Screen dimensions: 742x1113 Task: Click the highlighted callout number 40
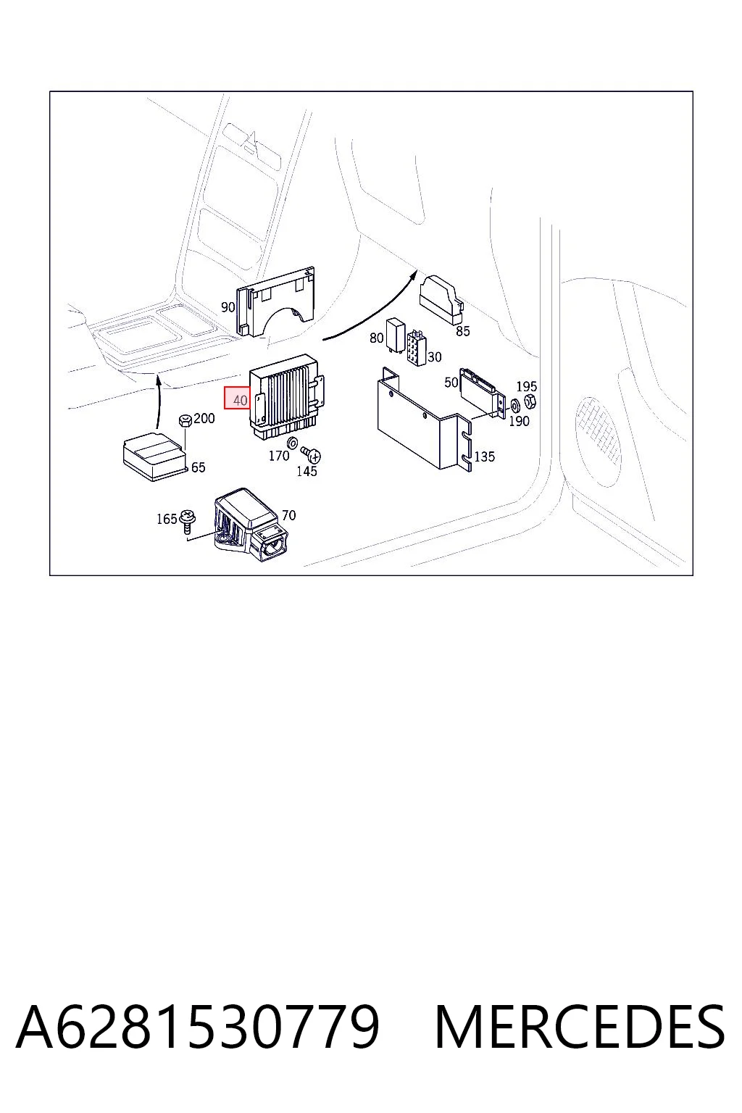pyautogui.click(x=240, y=400)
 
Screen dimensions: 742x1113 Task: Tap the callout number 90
pyautogui.click(x=228, y=307)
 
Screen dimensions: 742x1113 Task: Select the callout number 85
pyautogui.click(x=463, y=331)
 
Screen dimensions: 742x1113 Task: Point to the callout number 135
pyautogui.click(x=485, y=457)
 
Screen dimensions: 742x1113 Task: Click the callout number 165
pyautogui.click(x=167, y=519)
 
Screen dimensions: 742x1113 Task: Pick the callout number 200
pyautogui.click(x=204, y=418)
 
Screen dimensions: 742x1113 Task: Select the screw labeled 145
pyautogui.click(x=311, y=454)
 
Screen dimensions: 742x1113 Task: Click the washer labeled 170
pyautogui.click(x=293, y=443)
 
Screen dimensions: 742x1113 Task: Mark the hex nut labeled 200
pyautogui.click(x=185, y=421)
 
